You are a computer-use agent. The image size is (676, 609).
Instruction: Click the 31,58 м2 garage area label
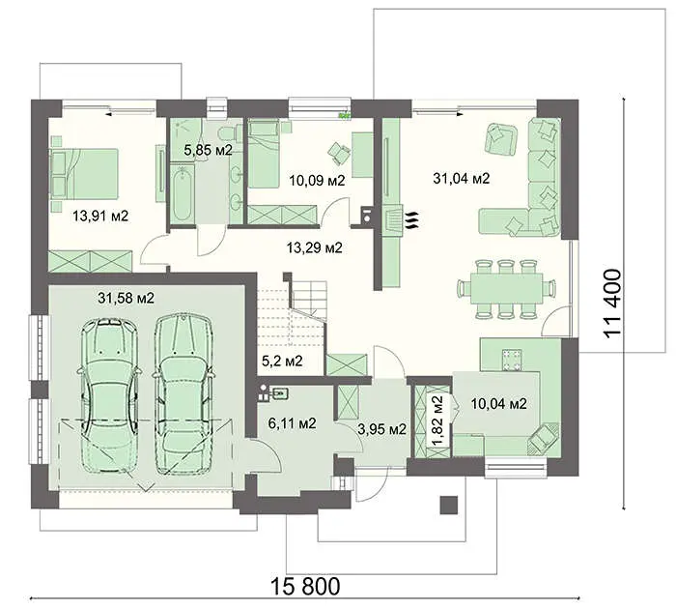click(x=126, y=299)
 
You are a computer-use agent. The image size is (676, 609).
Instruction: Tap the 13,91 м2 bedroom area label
click(x=100, y=216)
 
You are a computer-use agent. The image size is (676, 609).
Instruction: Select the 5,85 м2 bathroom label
click(x=209, y=150)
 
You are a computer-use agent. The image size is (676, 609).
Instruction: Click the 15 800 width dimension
click(x=305, y=586)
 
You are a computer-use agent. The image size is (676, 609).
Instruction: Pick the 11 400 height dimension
click(x=613, y=304)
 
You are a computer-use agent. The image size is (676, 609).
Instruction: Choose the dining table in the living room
click(x=506, y=289)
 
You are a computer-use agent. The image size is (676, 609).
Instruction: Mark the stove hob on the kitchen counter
click(x=512, y=360)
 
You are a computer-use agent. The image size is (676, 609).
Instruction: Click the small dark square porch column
click(x=448, y=504)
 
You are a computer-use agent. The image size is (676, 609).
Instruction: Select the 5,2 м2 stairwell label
click(x=282, y=361)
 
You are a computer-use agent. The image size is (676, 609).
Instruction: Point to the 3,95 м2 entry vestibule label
click(x=382, y=429)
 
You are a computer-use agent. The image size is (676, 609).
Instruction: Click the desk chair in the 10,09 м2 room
click(x=339, y=153)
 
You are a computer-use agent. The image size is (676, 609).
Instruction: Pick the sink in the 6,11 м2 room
click(x=279, y=393)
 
